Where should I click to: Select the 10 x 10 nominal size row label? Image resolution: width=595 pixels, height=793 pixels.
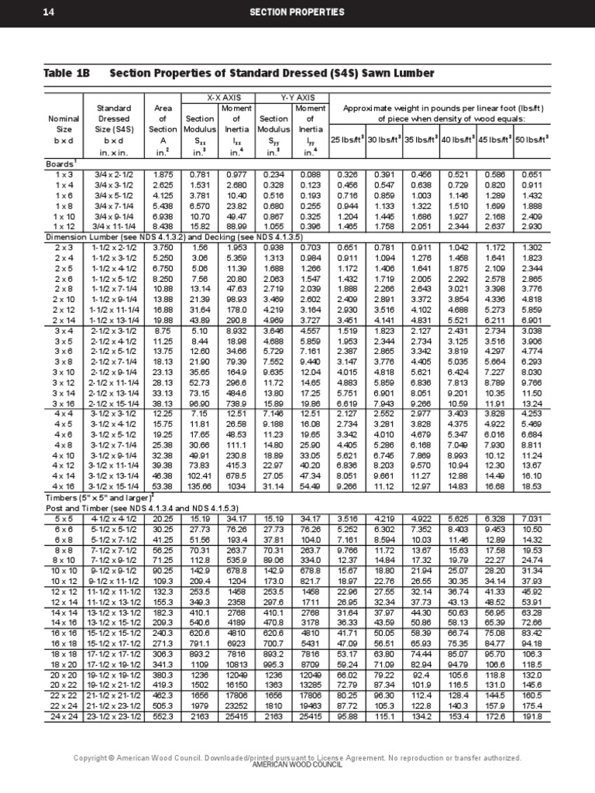[64, 550]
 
